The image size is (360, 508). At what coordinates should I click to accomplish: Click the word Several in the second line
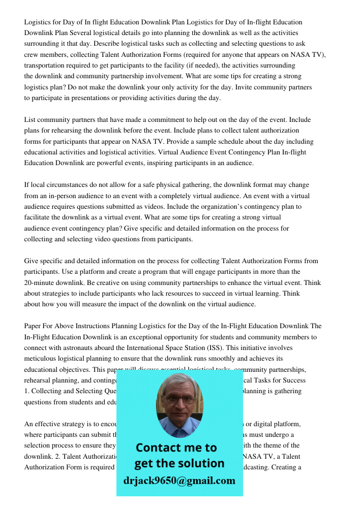(88, 33)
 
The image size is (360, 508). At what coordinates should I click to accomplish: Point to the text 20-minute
(40, 282)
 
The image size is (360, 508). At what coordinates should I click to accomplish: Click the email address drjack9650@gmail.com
(179, 481)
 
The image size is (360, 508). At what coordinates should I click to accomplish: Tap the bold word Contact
(156, 448)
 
